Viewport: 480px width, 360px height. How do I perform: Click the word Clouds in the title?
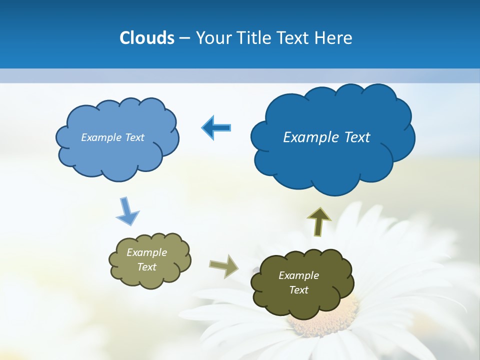[x=146, y=38]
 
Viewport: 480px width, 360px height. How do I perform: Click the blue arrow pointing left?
[x=216, y=128]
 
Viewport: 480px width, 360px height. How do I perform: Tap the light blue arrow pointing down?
[x=127, y=211]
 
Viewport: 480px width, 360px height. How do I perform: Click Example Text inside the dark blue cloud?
[x=326, y=137]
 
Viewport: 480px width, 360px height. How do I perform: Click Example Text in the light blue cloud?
[x=112, y=137]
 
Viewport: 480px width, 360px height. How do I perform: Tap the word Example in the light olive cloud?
[x=146, y=252]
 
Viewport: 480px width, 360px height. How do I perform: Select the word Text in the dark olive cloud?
[x=298, y=290]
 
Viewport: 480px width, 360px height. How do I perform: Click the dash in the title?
[x=184, y=38]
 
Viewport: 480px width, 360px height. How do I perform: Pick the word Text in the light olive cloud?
[x=146, y=267]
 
